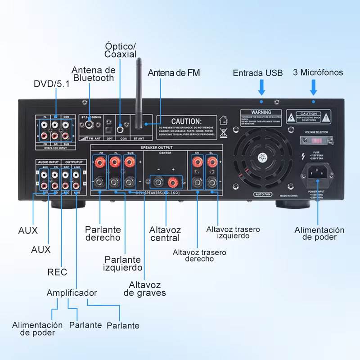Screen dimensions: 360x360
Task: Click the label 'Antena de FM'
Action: click(174, 73)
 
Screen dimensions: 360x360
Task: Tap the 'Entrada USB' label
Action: click(258, 73)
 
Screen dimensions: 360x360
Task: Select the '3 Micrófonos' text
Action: click(318, 72)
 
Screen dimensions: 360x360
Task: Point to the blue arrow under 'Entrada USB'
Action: click(261, 86)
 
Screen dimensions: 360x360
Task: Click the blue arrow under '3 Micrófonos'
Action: click(314, 86)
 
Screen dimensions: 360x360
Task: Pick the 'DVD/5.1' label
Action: click(52, 84)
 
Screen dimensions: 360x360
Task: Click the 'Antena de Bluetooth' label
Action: click(94, 74)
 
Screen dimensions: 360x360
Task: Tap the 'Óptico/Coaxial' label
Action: click(120, 50)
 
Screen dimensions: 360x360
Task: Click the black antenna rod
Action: click(139, 90)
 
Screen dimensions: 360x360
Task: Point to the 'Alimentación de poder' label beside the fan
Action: click(319, 233)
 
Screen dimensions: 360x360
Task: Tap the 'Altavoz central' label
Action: click(165, 234)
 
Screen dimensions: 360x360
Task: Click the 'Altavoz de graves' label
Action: click(145, 288)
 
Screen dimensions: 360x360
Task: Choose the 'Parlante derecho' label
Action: click(103, 233)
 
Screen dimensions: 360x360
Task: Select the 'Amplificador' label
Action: click(72, 293)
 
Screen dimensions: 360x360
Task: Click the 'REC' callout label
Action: click(57, 272)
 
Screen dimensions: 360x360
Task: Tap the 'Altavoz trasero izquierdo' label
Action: click(233, 232)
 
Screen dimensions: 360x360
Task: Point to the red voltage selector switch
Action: click(315, 140)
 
